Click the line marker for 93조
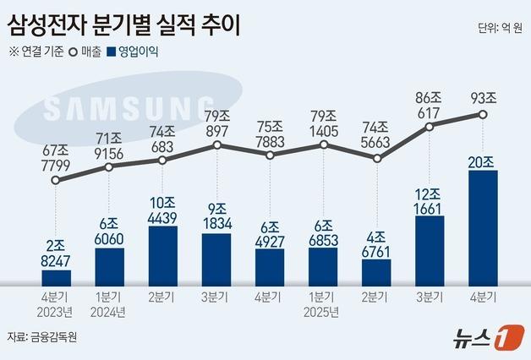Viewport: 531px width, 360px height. pyautogui.click(x=483, y=114)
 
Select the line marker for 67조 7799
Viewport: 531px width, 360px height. pyautogui.click(x=57, y=179)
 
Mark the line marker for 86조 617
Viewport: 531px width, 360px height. pyautogui.click(x=430, y=127)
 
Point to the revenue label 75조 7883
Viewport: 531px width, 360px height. pyautogui.click(x=270, y=132)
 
